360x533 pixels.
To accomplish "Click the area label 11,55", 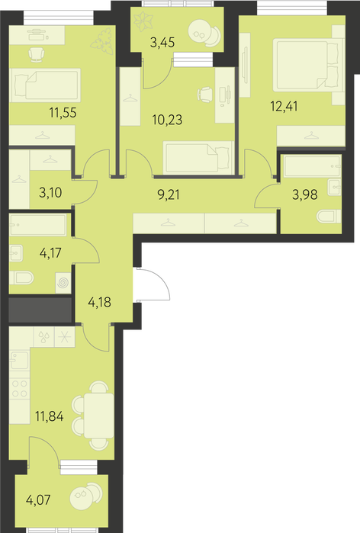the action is point(63,113).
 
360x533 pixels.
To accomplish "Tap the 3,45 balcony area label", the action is point(162,43).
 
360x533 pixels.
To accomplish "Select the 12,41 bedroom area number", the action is point(284,107).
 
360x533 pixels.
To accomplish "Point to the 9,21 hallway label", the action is point(169,194).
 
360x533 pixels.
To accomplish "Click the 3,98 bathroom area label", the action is point(305,194).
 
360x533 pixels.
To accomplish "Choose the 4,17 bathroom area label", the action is point(50,253).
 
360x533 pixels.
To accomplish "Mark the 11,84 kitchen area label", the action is point(50,416).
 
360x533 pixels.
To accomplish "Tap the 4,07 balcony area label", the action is point(38,500).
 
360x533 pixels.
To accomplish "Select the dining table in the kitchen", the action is point(99,416).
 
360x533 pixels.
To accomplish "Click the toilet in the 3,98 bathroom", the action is point(329,217).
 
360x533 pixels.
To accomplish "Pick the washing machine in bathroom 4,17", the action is point(63,282).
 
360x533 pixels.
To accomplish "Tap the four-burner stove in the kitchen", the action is point(19,389).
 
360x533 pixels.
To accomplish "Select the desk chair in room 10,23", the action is point(205,94).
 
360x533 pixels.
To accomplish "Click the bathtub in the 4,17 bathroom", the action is point(38,225).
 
